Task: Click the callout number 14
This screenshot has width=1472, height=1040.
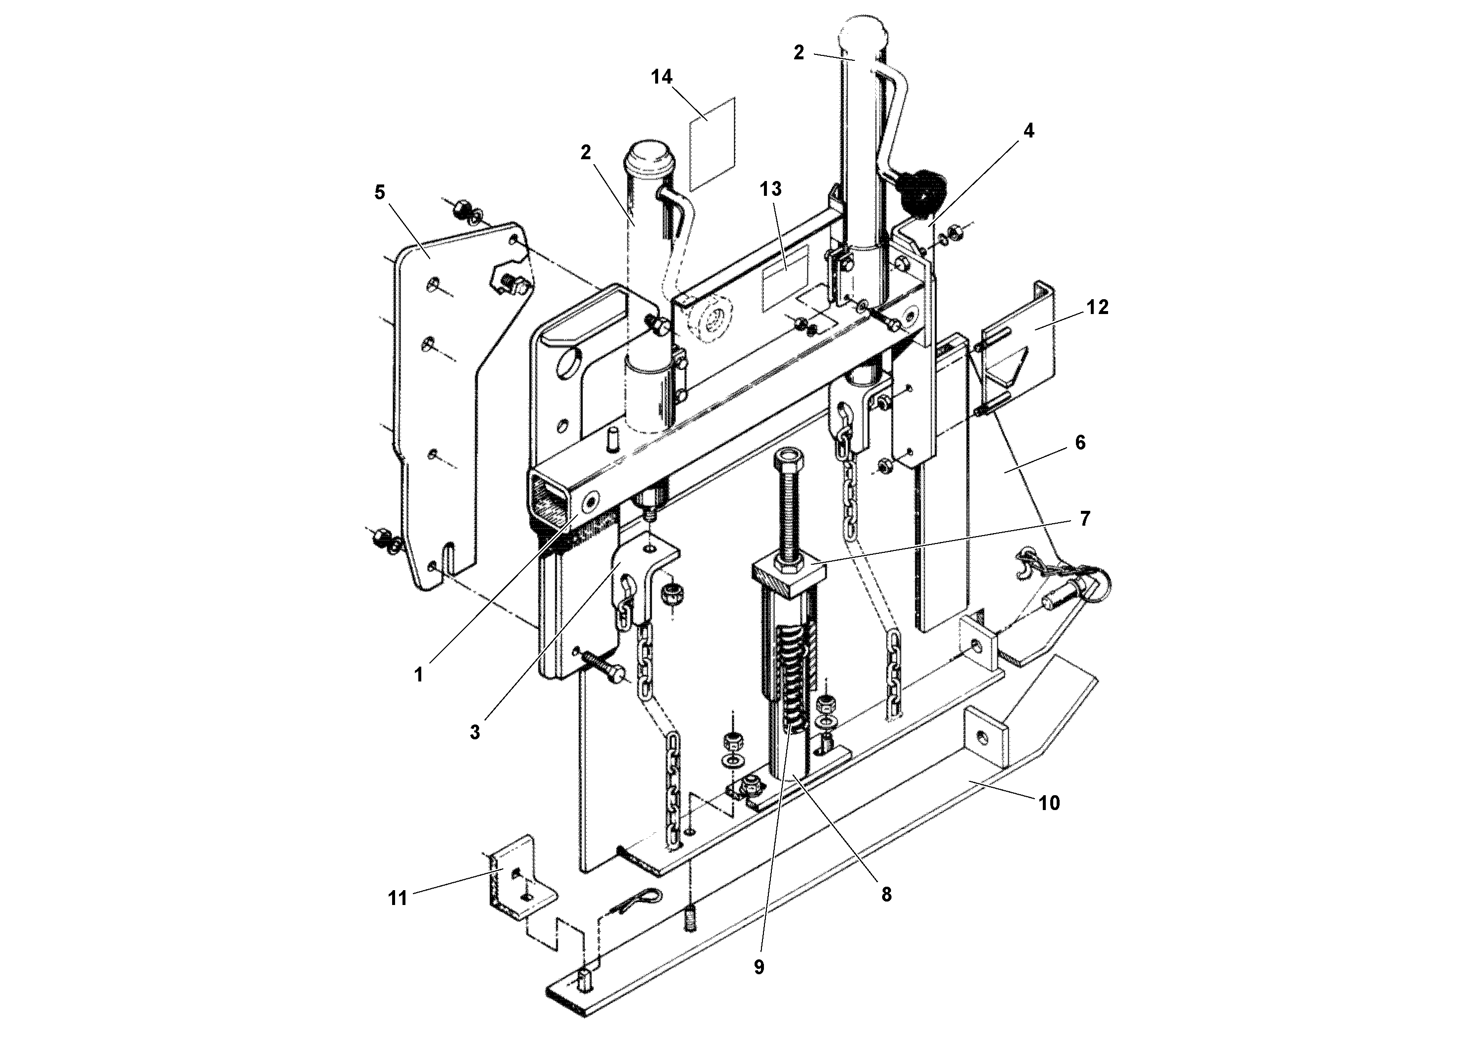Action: click(x=662, y=77)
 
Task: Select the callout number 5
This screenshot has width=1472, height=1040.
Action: click(x=380, y=192)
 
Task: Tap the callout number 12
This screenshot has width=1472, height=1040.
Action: click(x=1098, y=307)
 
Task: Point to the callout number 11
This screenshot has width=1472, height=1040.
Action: click(x=398, y=898)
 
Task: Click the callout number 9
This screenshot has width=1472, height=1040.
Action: click(x=759, y=967)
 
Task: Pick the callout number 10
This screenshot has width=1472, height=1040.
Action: click(x=1049, y=803)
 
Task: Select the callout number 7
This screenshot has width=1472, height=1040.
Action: click(x=1085, y=518)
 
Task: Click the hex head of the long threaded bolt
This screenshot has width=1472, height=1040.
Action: click(x=786, y=460)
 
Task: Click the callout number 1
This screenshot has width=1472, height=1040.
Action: click(x=419, y=675)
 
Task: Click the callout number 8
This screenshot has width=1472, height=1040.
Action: click(x=886, y=895)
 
